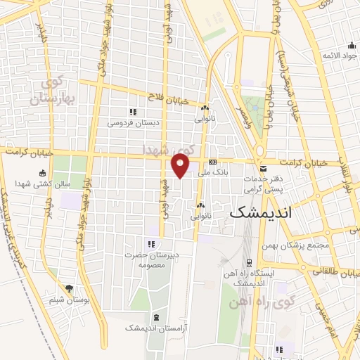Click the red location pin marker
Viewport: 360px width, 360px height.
(181, 165)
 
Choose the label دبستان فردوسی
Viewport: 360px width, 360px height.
(134, 122)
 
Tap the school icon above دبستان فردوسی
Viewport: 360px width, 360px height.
(132, 112)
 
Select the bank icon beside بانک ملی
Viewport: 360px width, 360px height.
(212, 162)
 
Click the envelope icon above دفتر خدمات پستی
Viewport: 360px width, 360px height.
(263, 169)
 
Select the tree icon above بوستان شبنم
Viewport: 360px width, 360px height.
(69, 288)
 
